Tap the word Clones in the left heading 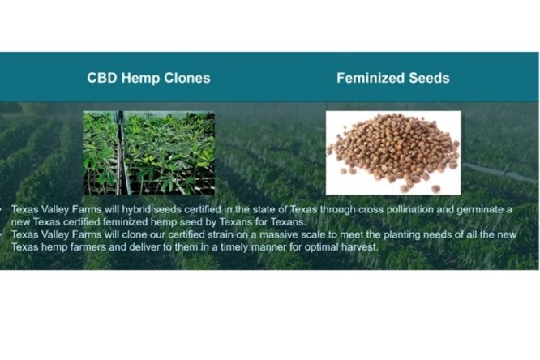coord(187,78)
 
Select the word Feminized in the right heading coord(371,78)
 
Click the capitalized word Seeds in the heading coord(429,78)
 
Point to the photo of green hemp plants coord(148,153)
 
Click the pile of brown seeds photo coord(393,153)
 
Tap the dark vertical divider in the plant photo coord(120,153)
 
